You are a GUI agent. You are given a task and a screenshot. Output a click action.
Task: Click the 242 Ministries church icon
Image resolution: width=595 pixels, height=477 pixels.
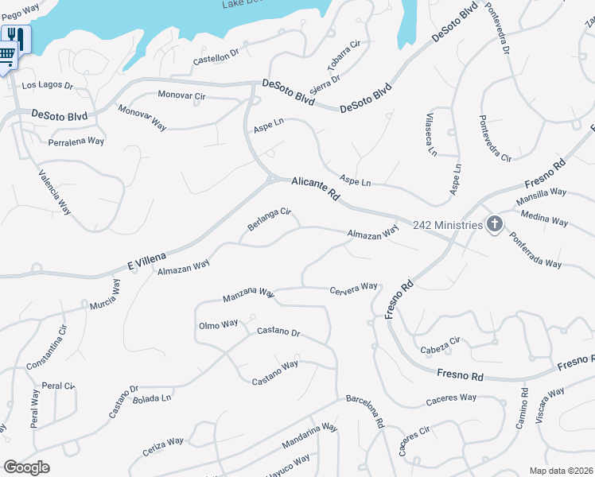click(x=495, y=224)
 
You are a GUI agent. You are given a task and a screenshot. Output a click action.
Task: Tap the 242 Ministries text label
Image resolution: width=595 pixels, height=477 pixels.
click(x=448, y=225)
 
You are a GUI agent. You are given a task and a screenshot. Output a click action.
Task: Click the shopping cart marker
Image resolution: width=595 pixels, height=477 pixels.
click(x=6, y=56)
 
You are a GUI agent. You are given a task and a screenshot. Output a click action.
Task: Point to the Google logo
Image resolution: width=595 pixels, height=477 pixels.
click(x=27, y=467)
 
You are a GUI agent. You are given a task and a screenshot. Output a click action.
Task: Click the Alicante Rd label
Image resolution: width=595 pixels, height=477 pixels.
click(x=316, y=188)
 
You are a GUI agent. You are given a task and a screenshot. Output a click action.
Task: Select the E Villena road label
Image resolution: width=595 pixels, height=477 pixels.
click(x=147, y=258)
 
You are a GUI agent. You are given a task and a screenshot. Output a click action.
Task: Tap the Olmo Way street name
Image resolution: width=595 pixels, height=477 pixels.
click(x=218, y=324)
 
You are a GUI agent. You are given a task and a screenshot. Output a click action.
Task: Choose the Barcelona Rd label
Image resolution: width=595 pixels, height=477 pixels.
click(x=365, y=411)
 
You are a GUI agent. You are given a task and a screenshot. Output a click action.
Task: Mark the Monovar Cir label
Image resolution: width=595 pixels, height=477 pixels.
click(x=182, y=95)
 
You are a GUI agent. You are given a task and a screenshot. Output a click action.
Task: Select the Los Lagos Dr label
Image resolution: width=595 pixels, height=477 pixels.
click(x=47, y=84)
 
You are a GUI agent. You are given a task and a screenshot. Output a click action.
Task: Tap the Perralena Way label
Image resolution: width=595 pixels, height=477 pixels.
click(x=76, y=142)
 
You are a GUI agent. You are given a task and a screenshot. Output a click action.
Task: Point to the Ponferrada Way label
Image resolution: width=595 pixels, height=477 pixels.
click(x=535, y=252)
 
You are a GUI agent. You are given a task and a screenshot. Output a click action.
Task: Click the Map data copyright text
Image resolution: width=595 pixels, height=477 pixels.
click(x=561, y=471)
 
